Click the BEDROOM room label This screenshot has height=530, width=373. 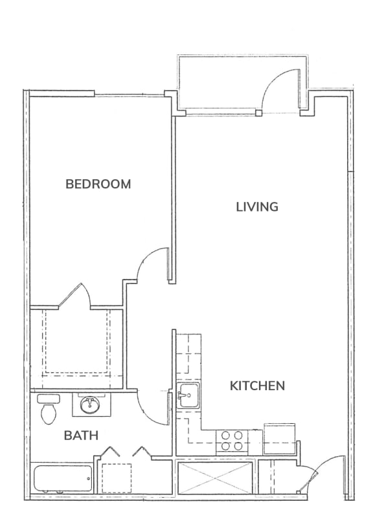click(x=98, y=184)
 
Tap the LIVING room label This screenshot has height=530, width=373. click(x=257, y=206)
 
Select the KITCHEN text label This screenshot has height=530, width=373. click(x=257, y=386)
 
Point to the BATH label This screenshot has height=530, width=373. click(x=81, y=436)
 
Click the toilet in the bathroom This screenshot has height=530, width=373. click(x=48, y=410)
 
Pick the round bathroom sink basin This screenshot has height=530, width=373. click(x=89, y=404)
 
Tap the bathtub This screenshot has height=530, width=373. click(x=63, y=479)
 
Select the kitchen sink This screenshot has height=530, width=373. click(x=189, y=395)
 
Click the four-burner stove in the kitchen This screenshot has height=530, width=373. click(x=232, y=441)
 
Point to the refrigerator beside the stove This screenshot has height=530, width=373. click(x=279, y=438)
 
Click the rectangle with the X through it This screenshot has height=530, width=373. click(x=215, y=478)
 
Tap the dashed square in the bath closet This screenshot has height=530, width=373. click(x=117, y=478)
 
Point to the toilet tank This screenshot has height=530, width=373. click(x=48, y=398)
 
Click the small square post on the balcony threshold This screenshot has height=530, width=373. click(x=258, y=113)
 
